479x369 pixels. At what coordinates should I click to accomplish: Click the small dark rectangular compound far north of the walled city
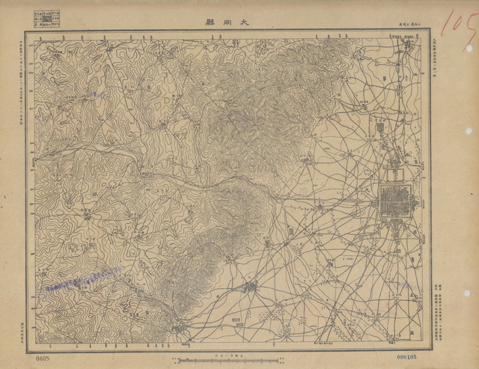coord(379,129)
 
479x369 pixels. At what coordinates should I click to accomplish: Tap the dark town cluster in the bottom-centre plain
coord(250,286)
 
